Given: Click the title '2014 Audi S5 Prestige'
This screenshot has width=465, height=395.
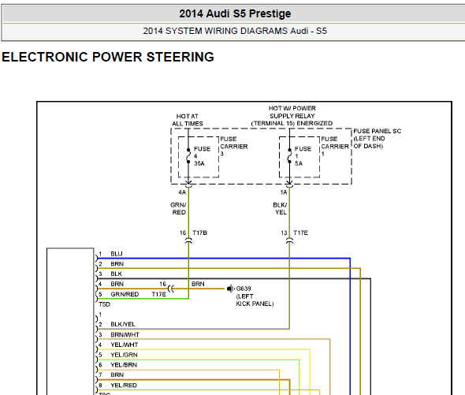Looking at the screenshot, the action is (235, 13).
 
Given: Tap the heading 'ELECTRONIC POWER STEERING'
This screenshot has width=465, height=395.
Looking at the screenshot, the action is (108, 57).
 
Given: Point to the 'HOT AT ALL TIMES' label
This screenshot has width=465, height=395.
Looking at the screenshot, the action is (188, 120).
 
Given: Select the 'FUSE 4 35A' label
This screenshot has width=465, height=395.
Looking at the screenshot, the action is (202, 156).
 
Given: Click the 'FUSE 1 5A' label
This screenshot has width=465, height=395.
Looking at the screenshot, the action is (303, 156).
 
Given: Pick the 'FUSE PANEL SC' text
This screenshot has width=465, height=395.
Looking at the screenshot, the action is (378, 131).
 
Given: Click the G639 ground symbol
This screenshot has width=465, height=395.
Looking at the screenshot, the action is (230, 289).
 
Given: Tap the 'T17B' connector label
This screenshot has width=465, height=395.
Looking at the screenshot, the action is (200, 233).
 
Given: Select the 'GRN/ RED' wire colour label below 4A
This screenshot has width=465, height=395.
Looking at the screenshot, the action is (178, 209).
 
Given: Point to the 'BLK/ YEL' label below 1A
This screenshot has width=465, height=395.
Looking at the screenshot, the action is (280, 209).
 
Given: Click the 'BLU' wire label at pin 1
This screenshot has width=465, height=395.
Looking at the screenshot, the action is (117, 254).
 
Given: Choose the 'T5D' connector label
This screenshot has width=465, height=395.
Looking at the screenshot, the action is (104, 304).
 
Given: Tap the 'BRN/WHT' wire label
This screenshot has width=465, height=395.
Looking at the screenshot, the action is (125, 335).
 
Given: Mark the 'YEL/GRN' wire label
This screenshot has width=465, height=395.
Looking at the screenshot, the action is (124, 355).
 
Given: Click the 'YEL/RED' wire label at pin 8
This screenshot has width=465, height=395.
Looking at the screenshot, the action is (124, 386).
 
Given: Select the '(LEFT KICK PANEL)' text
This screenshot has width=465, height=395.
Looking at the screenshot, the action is (255, 300).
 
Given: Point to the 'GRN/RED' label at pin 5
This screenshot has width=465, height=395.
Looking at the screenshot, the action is (125, 294).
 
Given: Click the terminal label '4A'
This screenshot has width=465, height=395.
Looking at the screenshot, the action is (182, 192).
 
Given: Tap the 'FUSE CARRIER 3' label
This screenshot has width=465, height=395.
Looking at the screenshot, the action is (234, 147).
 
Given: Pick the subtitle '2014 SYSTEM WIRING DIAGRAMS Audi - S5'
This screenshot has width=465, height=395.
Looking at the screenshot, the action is (235, 31).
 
